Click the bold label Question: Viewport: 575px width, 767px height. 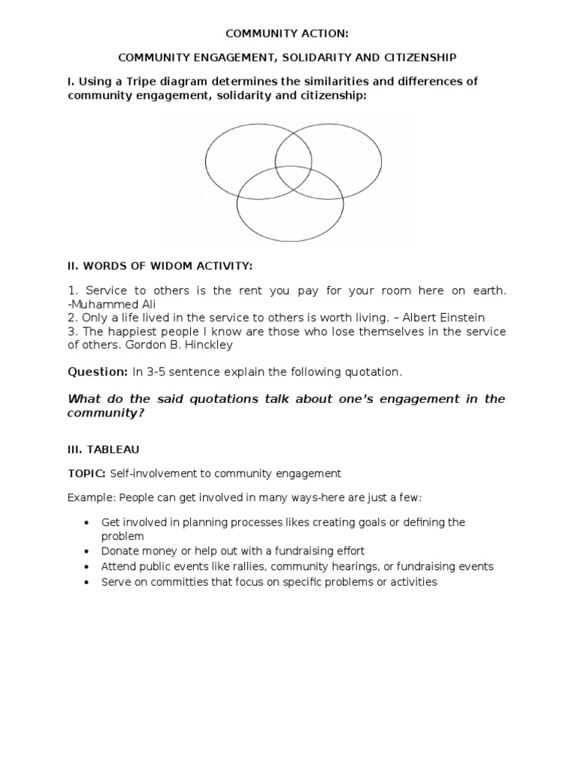point(97,372)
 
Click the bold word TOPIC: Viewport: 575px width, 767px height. point(87,473)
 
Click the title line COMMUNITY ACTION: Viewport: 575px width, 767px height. point(287,34)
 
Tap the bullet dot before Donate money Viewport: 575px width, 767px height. point(88,551)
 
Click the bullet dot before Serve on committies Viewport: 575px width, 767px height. point(88,582)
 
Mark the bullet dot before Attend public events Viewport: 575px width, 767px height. point(88,567)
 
